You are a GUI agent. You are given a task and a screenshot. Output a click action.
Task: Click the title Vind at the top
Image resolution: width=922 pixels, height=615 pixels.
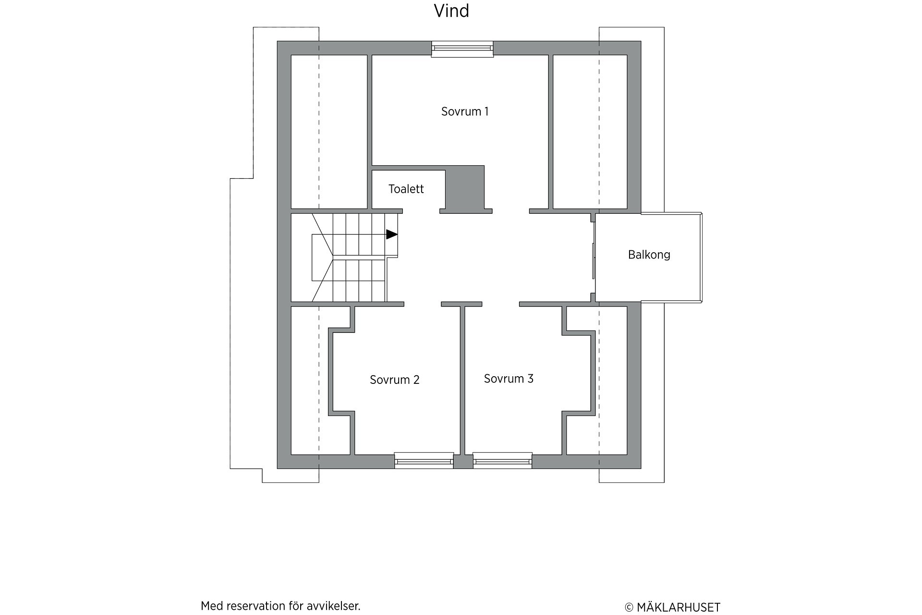pos(451,11)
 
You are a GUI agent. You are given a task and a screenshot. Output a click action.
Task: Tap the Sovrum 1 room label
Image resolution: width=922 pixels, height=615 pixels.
pos(465,111)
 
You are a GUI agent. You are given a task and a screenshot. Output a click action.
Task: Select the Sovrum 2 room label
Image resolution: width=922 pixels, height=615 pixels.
pos(395,380)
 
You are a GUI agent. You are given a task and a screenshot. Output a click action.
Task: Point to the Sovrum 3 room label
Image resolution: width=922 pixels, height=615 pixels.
pos(509,379)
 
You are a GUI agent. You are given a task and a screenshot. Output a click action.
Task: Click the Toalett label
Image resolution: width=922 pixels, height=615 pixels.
pos(406,189)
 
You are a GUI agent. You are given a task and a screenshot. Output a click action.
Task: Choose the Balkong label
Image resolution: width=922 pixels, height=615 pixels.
pos(649,255)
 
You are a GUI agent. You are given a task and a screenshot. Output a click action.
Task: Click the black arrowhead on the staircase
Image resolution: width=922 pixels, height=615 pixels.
pos(392,234)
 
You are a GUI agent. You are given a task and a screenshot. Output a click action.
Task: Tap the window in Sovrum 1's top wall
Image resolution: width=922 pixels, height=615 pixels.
pos(462,49)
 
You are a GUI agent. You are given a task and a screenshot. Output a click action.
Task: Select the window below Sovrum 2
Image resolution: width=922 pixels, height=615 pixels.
pos(424,460)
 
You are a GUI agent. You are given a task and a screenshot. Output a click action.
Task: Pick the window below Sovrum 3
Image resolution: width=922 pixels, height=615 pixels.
pos(502,460)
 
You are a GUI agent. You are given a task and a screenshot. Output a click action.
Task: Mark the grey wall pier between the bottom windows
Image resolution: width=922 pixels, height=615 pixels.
pos(463,462)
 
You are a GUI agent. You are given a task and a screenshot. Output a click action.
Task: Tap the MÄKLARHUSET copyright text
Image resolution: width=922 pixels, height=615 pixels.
pos(672,607)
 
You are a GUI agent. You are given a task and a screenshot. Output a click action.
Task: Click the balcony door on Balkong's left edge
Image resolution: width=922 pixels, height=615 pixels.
pos(594,261)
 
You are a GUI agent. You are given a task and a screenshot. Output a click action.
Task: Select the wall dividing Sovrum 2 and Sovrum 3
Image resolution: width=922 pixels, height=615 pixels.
pos(462,380)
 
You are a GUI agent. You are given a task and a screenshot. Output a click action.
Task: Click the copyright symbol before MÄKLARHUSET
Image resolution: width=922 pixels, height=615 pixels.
pos(629,608)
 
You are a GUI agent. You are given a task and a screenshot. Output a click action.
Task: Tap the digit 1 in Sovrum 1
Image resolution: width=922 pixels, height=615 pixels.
pos(486,111)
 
